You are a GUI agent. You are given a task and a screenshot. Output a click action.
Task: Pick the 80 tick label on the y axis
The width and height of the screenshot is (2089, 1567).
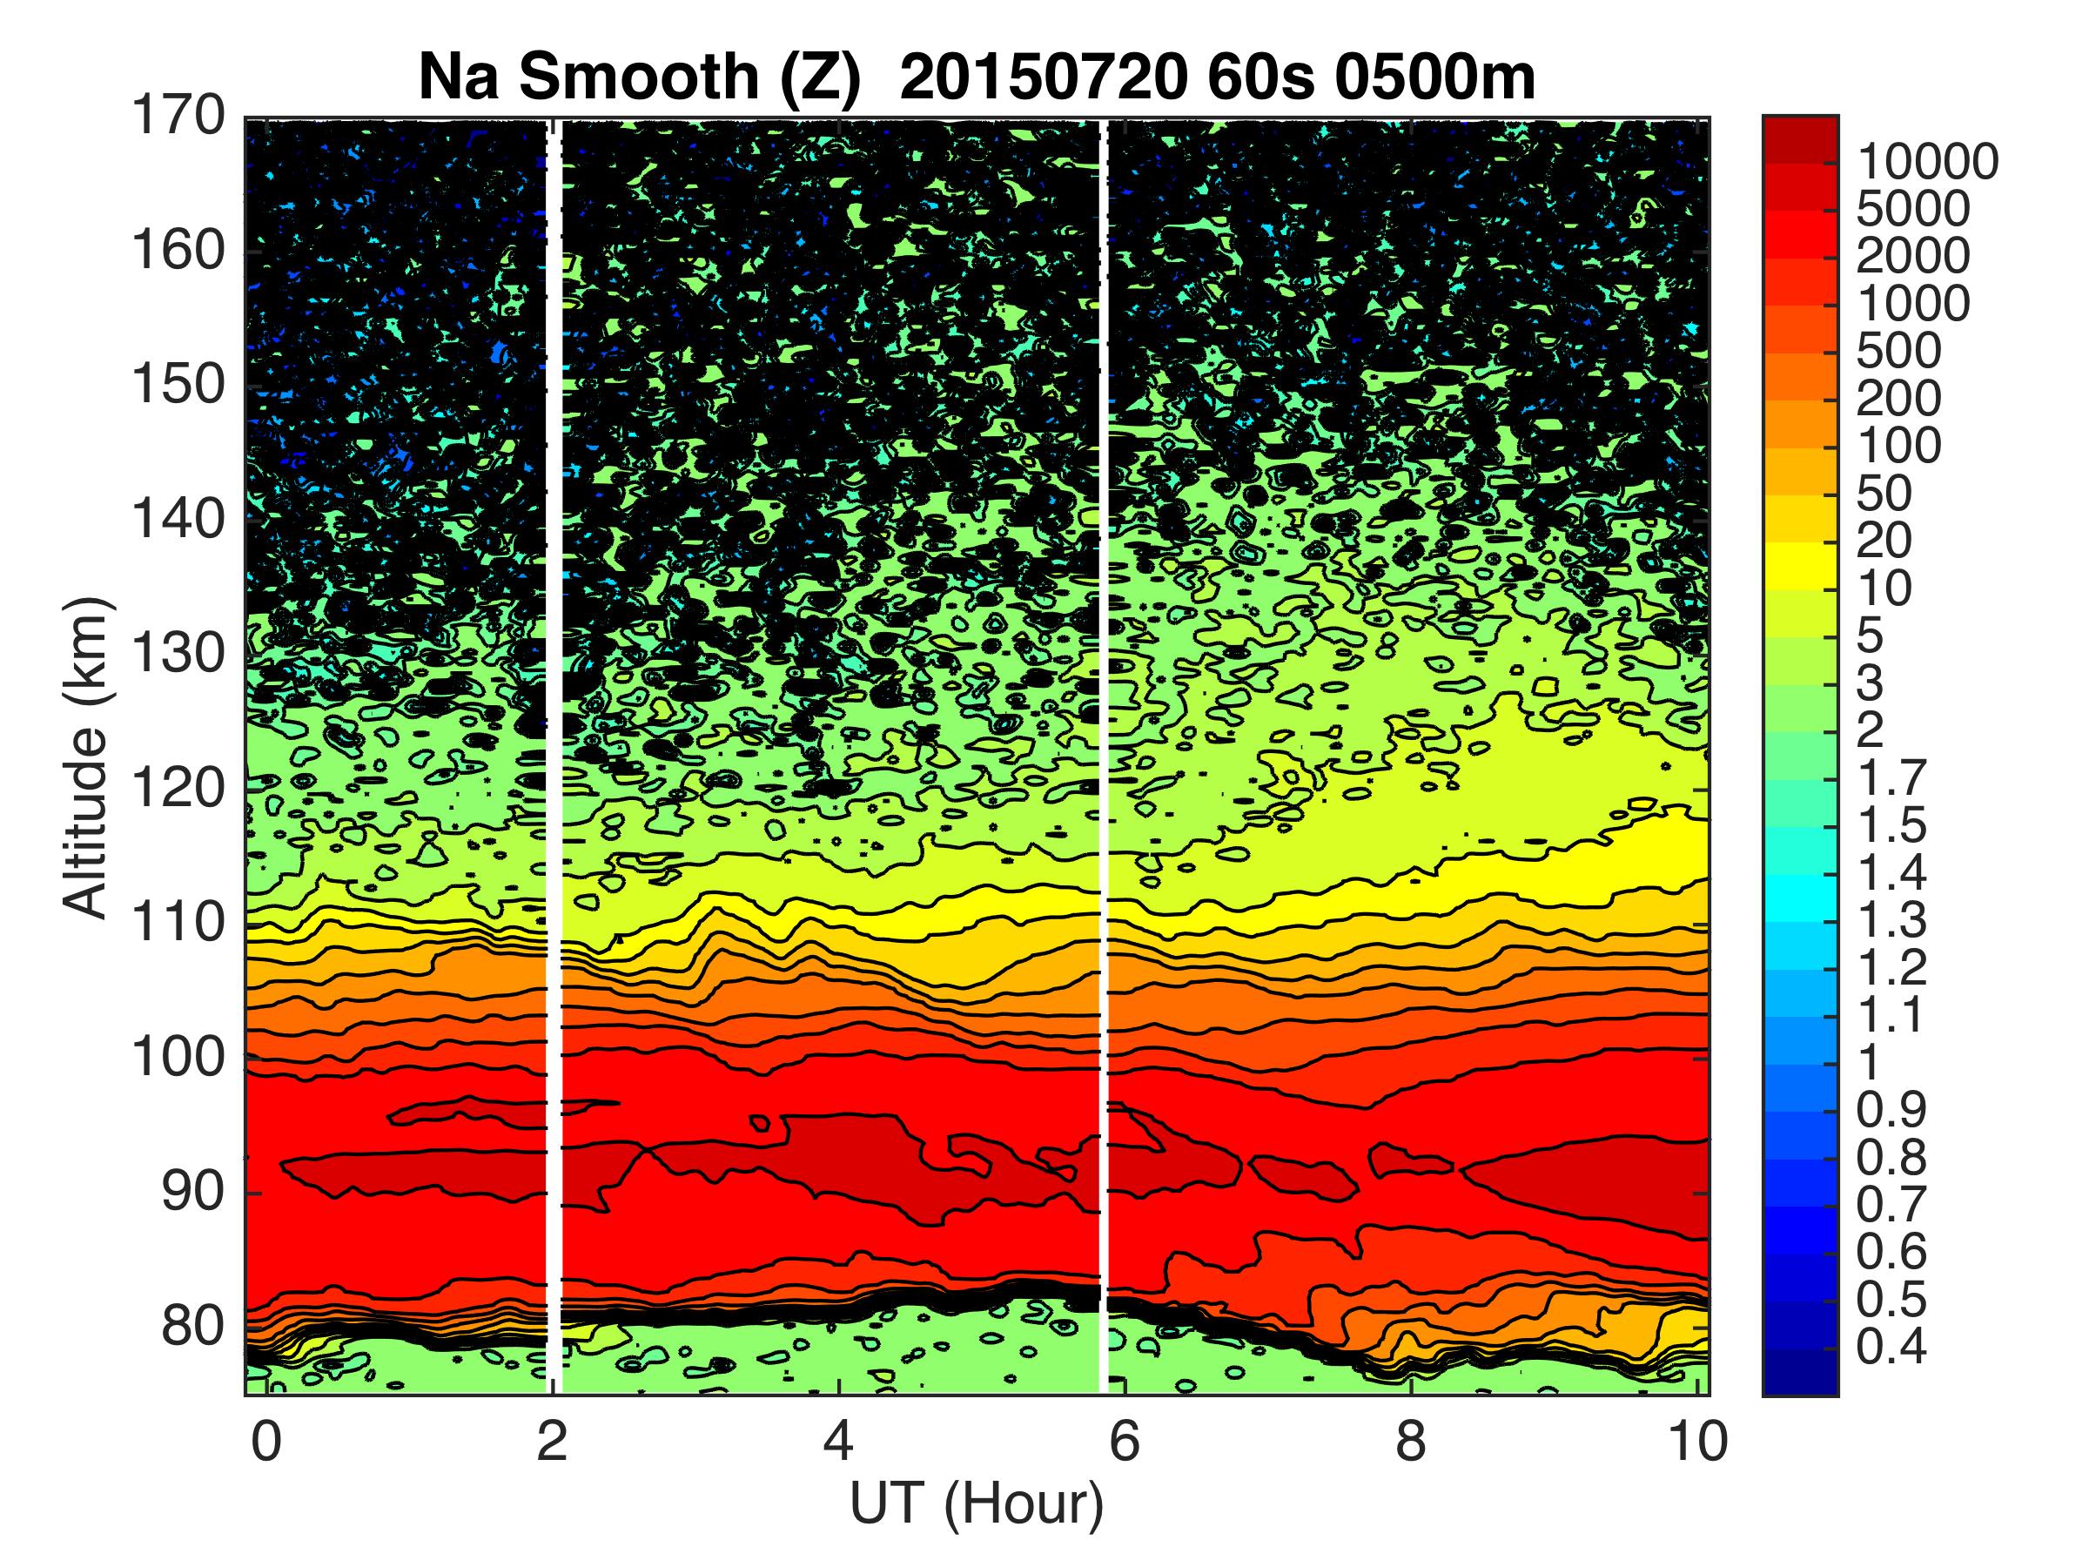pos(189,1327)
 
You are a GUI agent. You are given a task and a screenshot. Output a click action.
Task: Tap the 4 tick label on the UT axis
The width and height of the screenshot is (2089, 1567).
pos(838,1443)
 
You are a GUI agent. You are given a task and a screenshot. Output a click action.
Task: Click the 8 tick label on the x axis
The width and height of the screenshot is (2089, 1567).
pos(1410,1443)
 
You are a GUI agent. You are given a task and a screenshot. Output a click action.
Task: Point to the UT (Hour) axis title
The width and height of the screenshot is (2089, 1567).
pos(977,1503)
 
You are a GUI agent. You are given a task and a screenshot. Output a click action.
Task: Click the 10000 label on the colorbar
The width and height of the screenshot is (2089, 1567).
pos(1926,163)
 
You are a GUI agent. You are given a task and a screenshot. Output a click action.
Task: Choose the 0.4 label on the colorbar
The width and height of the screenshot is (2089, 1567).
pos(1891,1347)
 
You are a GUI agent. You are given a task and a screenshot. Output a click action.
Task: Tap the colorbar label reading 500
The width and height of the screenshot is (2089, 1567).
pos(1898,352)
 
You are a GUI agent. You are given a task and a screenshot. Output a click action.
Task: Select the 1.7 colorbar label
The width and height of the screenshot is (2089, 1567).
pos(1891,779)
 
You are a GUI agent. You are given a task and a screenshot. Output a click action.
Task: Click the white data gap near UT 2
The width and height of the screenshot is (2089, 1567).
pos(554,756)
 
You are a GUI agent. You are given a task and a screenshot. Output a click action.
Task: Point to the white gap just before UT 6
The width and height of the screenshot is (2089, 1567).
pos(1103,756)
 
